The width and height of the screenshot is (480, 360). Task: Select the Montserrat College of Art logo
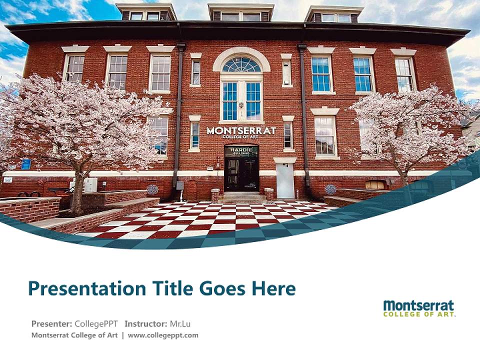click(419, 308)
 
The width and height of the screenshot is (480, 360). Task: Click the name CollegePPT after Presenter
click(96, 323)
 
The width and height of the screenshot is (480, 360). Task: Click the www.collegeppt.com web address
click(163, 335)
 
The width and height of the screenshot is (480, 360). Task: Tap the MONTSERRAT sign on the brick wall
click(241, 131)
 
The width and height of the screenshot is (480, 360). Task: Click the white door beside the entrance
click(285, 181)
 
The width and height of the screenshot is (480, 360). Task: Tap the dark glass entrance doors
click(241, 174)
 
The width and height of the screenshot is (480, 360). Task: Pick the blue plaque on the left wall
click(26, 164)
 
